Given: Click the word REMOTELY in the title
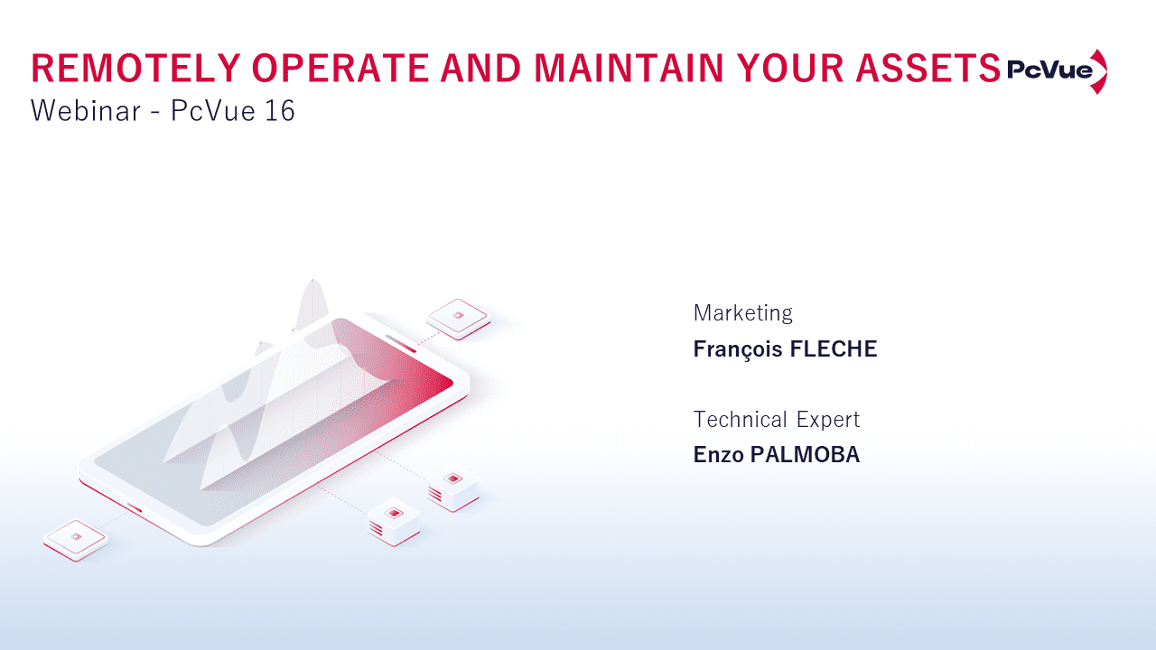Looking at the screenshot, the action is pos(136,68).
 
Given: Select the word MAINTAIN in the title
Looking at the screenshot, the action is pos(629,68).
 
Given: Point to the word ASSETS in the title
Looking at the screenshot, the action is pos(928,68).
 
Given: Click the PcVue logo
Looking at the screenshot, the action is pos(1057,71).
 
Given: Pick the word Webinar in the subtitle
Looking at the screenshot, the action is pos(86,110).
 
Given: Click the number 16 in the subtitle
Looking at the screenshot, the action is pos(280,110).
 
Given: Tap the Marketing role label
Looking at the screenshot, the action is pos(742,313).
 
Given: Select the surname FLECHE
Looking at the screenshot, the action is pos(834,349).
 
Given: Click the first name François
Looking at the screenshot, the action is pos(738,350).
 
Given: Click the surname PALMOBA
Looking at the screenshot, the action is pos(805,455).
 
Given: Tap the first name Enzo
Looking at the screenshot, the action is pos(718,455).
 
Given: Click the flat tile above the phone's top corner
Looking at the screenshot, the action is pos(458,319).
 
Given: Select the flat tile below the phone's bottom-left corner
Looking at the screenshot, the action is pos(76,540).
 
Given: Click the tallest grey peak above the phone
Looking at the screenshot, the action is pos(312,304).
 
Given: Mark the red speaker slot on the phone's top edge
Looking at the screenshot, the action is pos(401,344).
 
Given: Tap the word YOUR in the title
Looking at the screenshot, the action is pos(789,68).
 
